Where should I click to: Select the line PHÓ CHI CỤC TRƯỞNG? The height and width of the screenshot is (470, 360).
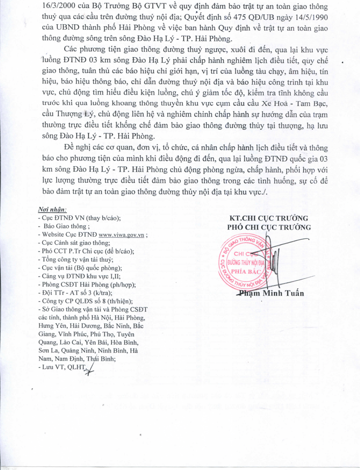pyautogui.click(x=269, y=227)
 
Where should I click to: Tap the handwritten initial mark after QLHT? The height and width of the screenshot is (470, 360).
pyautogui.click(x=91, y=369)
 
